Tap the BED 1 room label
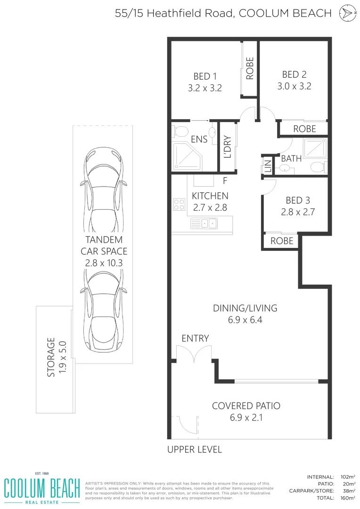[x=205, y=76]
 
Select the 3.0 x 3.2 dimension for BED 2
[x=294, y=86]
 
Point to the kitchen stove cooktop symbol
[x=179, y=204]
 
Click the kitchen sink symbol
[x=204, y=223]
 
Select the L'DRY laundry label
[x=227, y=147]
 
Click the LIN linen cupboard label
[x=268, y=166]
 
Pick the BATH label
[x=291, y=159]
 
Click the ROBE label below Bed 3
[x=282, y=241]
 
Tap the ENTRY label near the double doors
[x=195, y=338]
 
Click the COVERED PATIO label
[x=246, y=406]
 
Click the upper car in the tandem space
[x=103, y=181]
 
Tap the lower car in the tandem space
[x=103, y=311]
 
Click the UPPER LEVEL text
[x=195, y=450]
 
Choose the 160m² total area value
[x=349, y=498]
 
